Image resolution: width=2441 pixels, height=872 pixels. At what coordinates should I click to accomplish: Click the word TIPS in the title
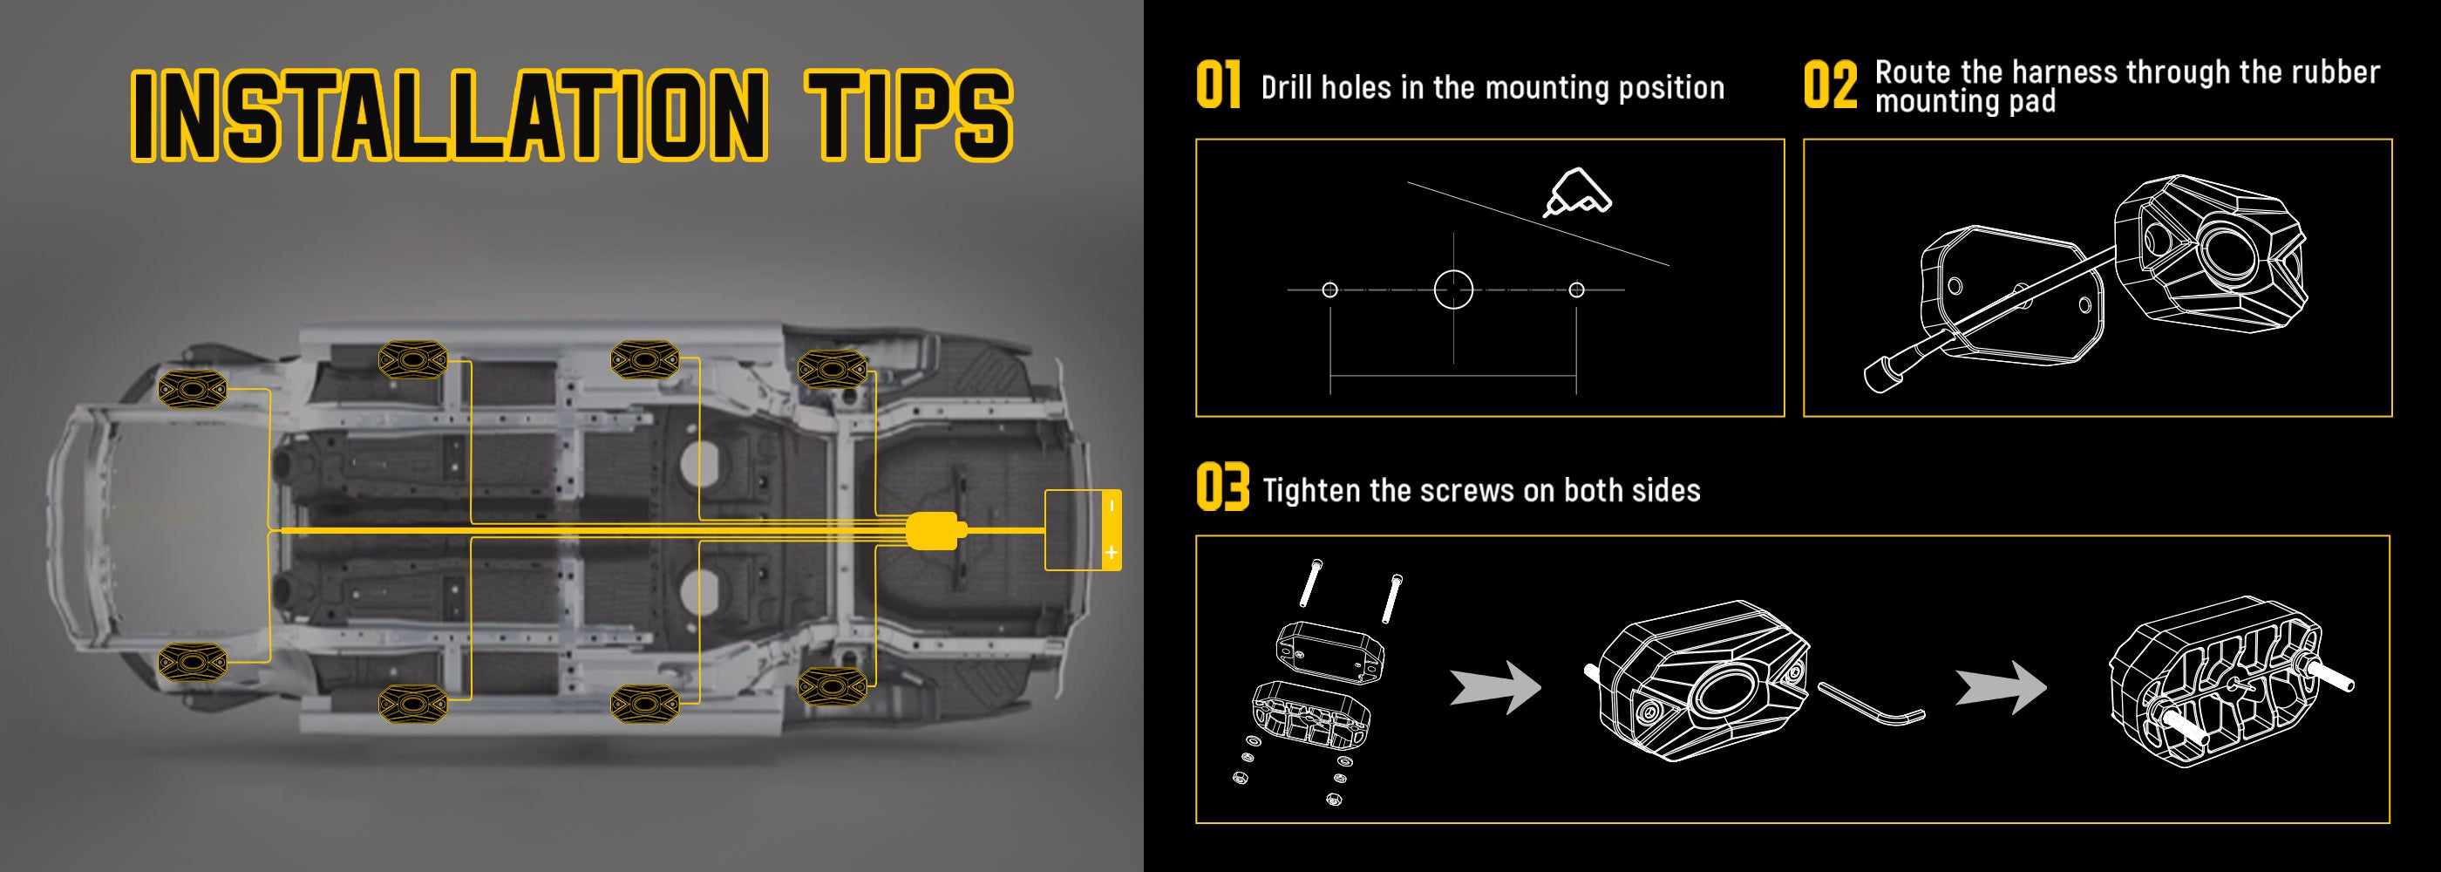pyautogui.click(x=908, y=115)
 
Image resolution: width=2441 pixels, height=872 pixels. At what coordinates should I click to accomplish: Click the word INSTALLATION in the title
pyautogui.click(x=449, y=115)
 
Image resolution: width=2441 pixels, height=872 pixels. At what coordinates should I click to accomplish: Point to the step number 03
pyautogui.click(x=1222, y=487)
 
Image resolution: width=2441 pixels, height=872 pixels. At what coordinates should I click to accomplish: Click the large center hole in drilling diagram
pyautogui.click(x=1453, y=290)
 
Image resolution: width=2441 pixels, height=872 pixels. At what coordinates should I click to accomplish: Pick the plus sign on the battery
pyautogui.click(x=1112, y=553)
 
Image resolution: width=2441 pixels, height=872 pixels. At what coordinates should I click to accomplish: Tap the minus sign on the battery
pyautogui.click(x=1112, y=506)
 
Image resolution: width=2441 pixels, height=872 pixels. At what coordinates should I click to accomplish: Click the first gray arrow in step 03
pyautogui.click(x=1495, y=687)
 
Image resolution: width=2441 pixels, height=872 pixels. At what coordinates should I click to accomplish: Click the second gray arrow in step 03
pyautogui.click(x=2001, y=687)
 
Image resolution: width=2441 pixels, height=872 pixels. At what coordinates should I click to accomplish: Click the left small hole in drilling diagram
pyautogui.click(x=1329, y=290)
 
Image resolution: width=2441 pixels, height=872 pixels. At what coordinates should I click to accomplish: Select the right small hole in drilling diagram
pyautogui.click(x=1577, y=290)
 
